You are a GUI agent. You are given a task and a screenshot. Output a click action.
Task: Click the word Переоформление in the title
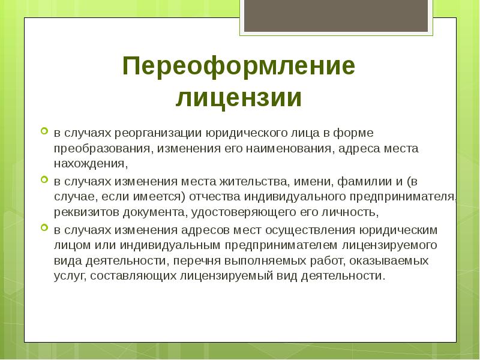(239, 66)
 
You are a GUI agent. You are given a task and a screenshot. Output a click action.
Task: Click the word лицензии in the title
(239, 98)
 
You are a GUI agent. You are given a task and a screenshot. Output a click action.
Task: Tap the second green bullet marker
(44, 179)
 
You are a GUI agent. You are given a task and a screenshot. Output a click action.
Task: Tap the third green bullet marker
(44, 229)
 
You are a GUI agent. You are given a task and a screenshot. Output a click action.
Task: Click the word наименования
(283, 147)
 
